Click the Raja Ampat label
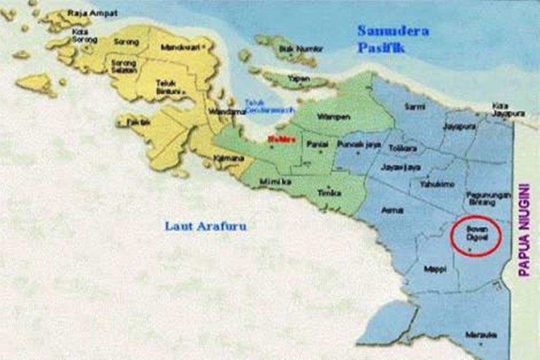tap(92, 13)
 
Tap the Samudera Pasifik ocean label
tap(392, 39)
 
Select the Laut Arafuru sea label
tap(206, 226)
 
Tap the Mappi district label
tap(435, 269)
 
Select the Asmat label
tap(392, 210)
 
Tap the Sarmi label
tap(415, 107)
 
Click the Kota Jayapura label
tap(508, 110)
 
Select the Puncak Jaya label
tap(359, 144)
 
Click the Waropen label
tap(333, 117)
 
